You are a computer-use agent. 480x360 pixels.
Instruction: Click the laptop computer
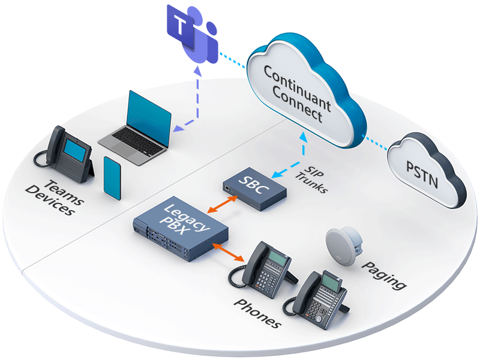click(x=136, y=126)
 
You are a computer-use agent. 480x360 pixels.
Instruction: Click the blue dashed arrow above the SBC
click(x=295, y=157)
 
